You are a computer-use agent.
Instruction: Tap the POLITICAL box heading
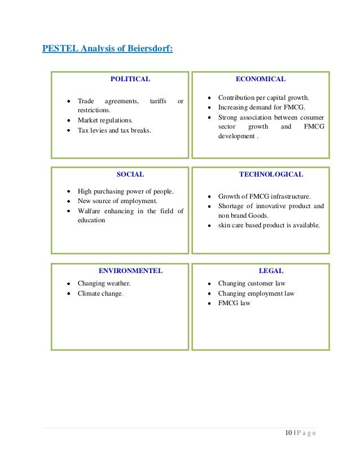click(130, 79)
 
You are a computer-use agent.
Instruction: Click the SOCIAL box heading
click(130, 174)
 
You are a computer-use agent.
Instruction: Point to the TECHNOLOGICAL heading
click(271, 174)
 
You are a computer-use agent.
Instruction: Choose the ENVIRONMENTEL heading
click(130, 271)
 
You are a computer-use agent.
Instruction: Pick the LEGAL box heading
click(271, 271)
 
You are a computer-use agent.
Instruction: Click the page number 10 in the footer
click(289, 433)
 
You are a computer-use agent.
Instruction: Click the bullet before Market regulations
click(68, 121)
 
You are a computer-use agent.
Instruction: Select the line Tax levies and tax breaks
click(115, 130)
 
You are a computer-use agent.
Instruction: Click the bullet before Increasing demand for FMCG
click(209, 107)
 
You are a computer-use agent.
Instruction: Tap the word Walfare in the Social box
click(89, 211)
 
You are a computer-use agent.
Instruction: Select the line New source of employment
click(117, 201)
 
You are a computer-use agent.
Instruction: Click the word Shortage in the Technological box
click(231, 206)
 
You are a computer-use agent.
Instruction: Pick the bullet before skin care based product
click(209, 226)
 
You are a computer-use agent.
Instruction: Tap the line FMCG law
click(234, 304)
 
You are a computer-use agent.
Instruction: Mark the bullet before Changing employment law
click(209, 294)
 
